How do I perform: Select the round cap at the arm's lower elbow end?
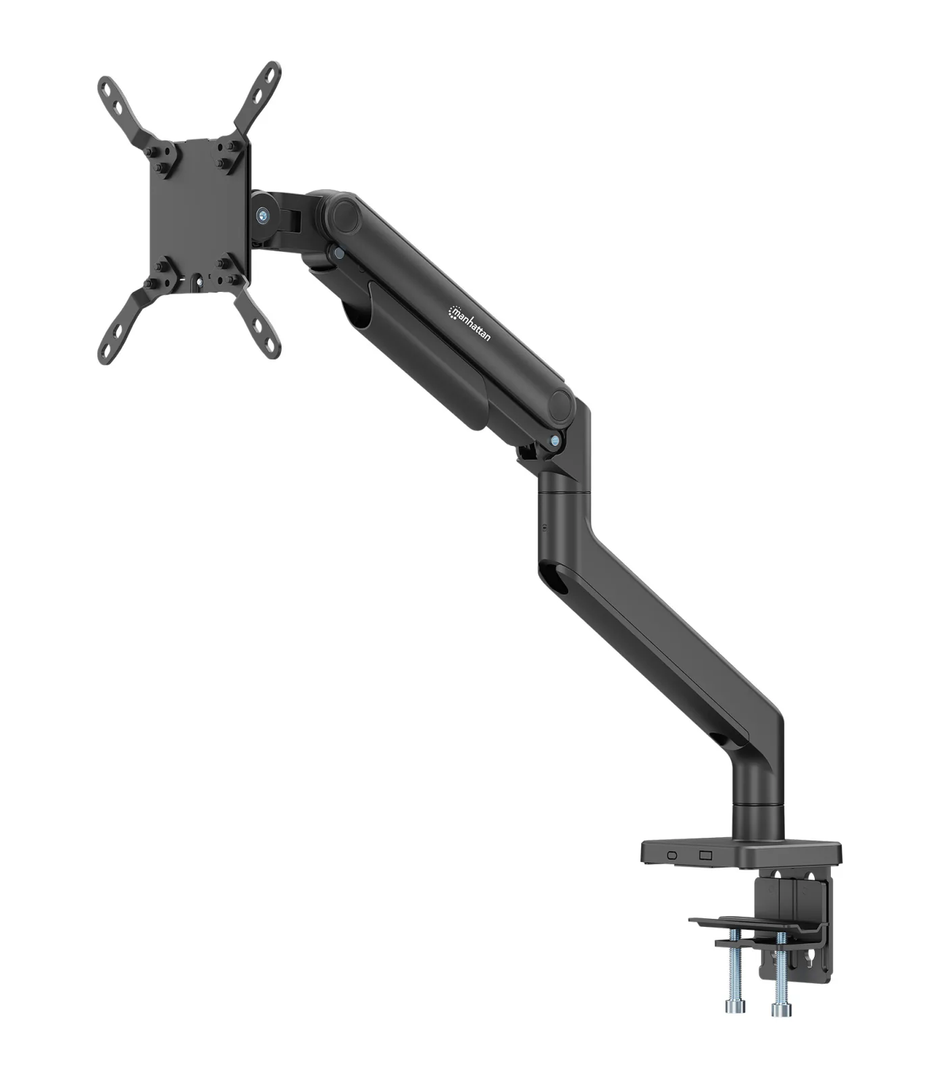pyautogui.click(x=560, y=403)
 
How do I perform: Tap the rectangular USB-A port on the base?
pyautogui.click(x=707, y=855)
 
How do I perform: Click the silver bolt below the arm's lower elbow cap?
pyautogui.click(x=555, y=441)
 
